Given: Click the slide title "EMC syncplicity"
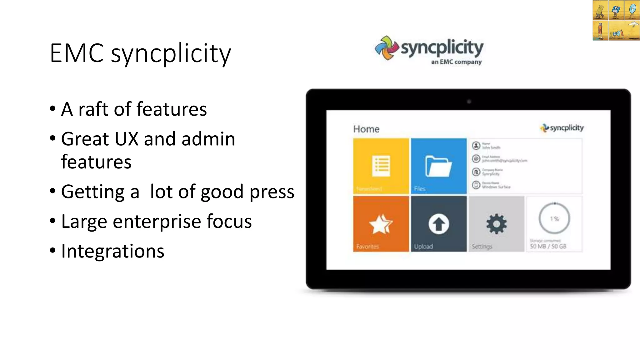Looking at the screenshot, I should [140, 53].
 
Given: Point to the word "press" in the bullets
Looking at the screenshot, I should [272, 192].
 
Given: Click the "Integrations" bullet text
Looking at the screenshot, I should [112, 251].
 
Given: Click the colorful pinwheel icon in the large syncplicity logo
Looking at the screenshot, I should [387, 48].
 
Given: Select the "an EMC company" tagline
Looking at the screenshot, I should [456, 62].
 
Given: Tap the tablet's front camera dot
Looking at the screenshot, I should [469, 102].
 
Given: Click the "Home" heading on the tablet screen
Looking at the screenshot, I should [366, 129].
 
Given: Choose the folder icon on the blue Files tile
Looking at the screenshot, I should [438, 166].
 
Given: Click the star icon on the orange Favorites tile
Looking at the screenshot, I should [381, 224].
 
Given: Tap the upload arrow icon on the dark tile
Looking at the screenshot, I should [438, 224].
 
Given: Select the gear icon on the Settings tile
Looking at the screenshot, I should [496, 224].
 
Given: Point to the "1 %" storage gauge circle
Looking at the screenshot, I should [554, 218].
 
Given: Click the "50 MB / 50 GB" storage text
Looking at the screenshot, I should [548, 246].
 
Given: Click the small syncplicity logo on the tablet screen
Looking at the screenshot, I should [562, 128].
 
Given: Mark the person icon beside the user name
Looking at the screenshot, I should [476, 146].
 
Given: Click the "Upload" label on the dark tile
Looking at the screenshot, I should [423, 247].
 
